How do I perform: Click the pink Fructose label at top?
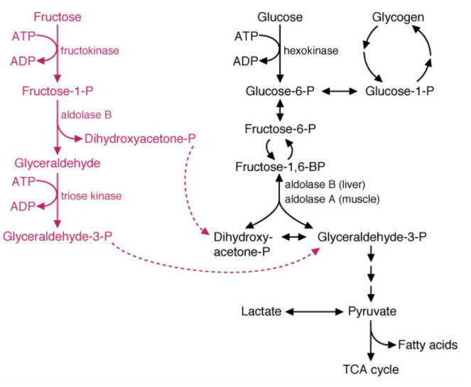(x=58, y=16)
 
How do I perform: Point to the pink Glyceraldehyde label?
(x=57, y=163)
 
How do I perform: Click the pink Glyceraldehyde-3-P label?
(x=57, y=235)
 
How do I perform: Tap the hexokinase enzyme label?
(x=312, y=51)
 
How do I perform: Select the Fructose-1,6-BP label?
(x=280, y=166)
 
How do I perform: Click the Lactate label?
(x=261, y=311)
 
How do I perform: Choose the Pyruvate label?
(x=372, y=311)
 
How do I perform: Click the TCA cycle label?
(x=371, y=369)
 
